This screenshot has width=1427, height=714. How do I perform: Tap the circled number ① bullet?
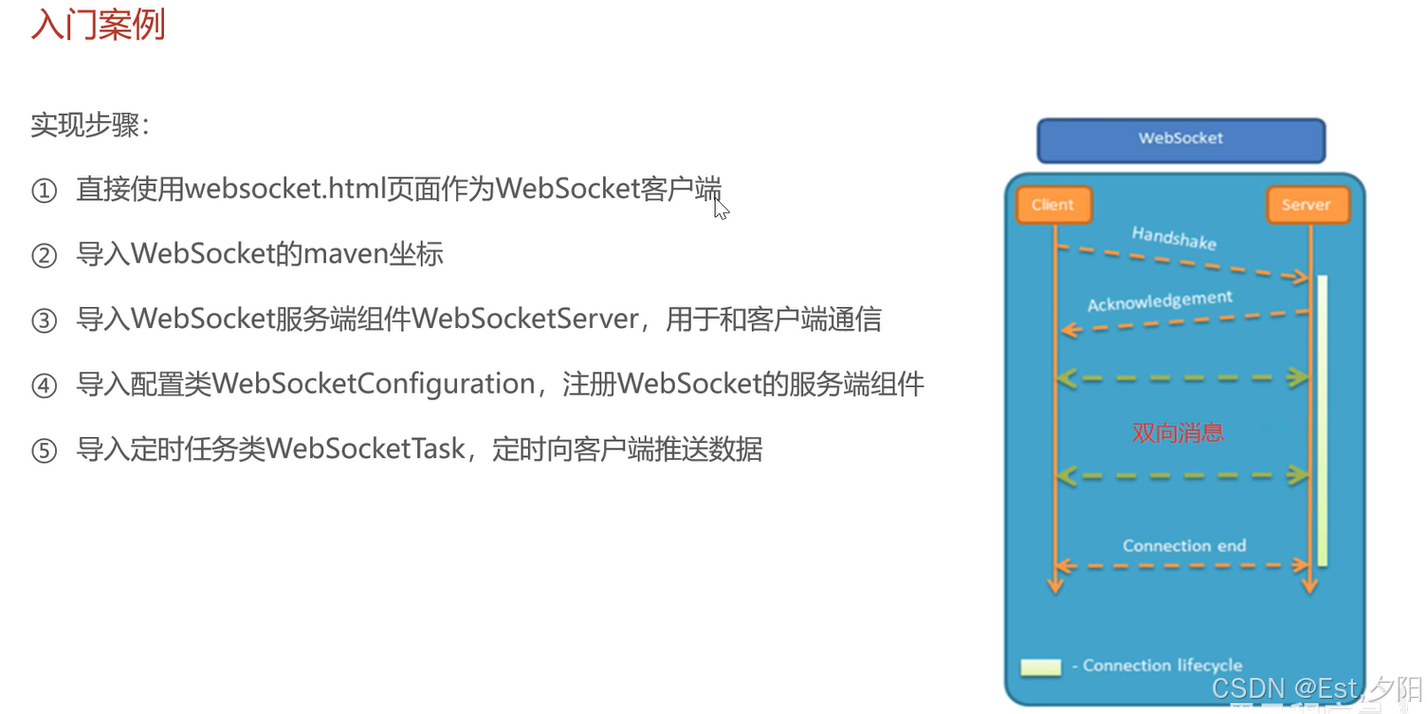tap(45, 192)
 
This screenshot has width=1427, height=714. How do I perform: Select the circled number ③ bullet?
tap(45, 320)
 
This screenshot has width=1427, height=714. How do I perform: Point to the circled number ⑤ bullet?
tap(45, 449)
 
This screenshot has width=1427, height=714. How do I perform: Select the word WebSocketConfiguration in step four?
tap(375, 384)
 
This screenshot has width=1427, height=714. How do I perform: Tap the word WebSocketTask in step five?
tap(365, 449)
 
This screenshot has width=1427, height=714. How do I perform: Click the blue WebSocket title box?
tap(1180, 139)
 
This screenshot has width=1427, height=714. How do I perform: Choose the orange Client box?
tap(1052, 205)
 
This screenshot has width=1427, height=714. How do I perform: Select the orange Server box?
tap(1306, 205)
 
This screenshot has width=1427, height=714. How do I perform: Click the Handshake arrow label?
tap(1174, 237)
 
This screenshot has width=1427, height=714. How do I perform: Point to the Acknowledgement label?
tap(1160, 302)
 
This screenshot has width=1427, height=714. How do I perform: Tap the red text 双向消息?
tap(1179, 433)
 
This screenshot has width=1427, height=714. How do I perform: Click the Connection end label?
tap(1184, 546)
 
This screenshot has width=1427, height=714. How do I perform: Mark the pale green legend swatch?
tap(1040, 667)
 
